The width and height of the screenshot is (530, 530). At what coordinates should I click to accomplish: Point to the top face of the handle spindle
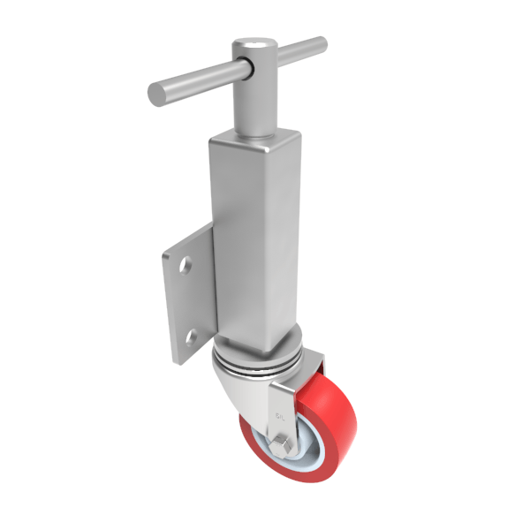251,43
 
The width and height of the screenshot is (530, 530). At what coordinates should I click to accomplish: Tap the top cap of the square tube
256,137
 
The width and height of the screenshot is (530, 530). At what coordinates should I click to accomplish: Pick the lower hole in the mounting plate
190,336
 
